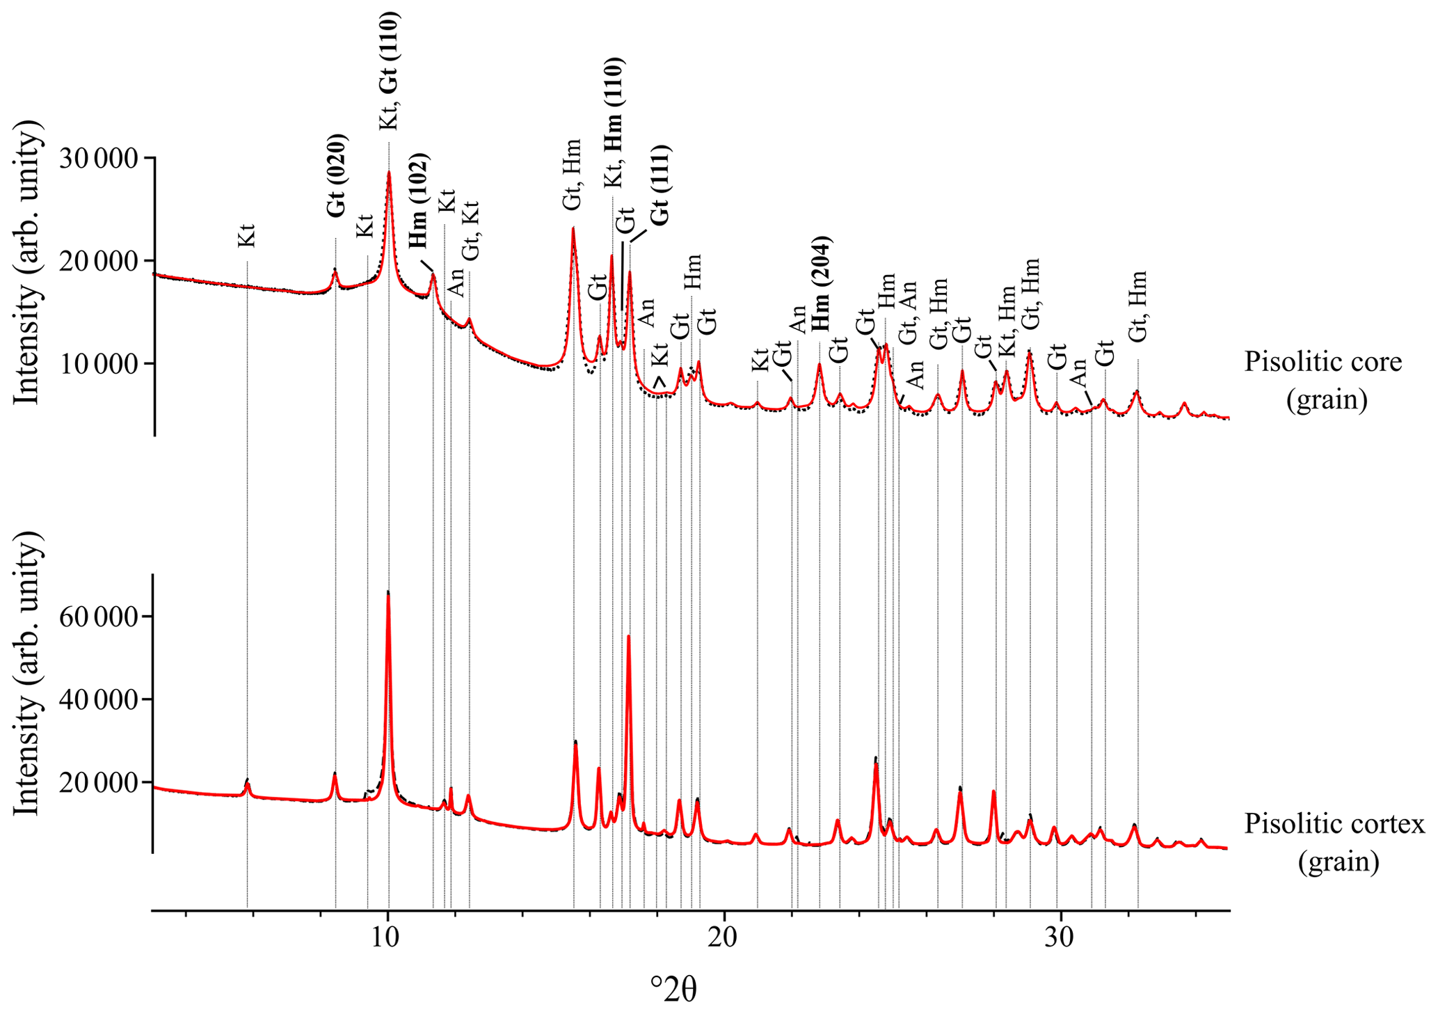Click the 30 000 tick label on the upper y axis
(99, 159)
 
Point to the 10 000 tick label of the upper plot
(99, 363)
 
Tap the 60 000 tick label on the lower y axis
(99, 617)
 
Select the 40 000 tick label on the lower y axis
(99, 699)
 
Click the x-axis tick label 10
(388, 936)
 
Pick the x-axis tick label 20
(724, 936)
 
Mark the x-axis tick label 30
(1060, 936)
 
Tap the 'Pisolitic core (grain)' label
(1323, 381)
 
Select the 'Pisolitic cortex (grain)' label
(1334, 842)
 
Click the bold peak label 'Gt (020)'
(337, 176)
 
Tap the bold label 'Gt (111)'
(660, 185)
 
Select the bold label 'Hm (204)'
(822, 284)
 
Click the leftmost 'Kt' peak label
(247, 236)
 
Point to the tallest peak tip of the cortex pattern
(388, 592)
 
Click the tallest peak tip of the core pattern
(389, 172)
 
